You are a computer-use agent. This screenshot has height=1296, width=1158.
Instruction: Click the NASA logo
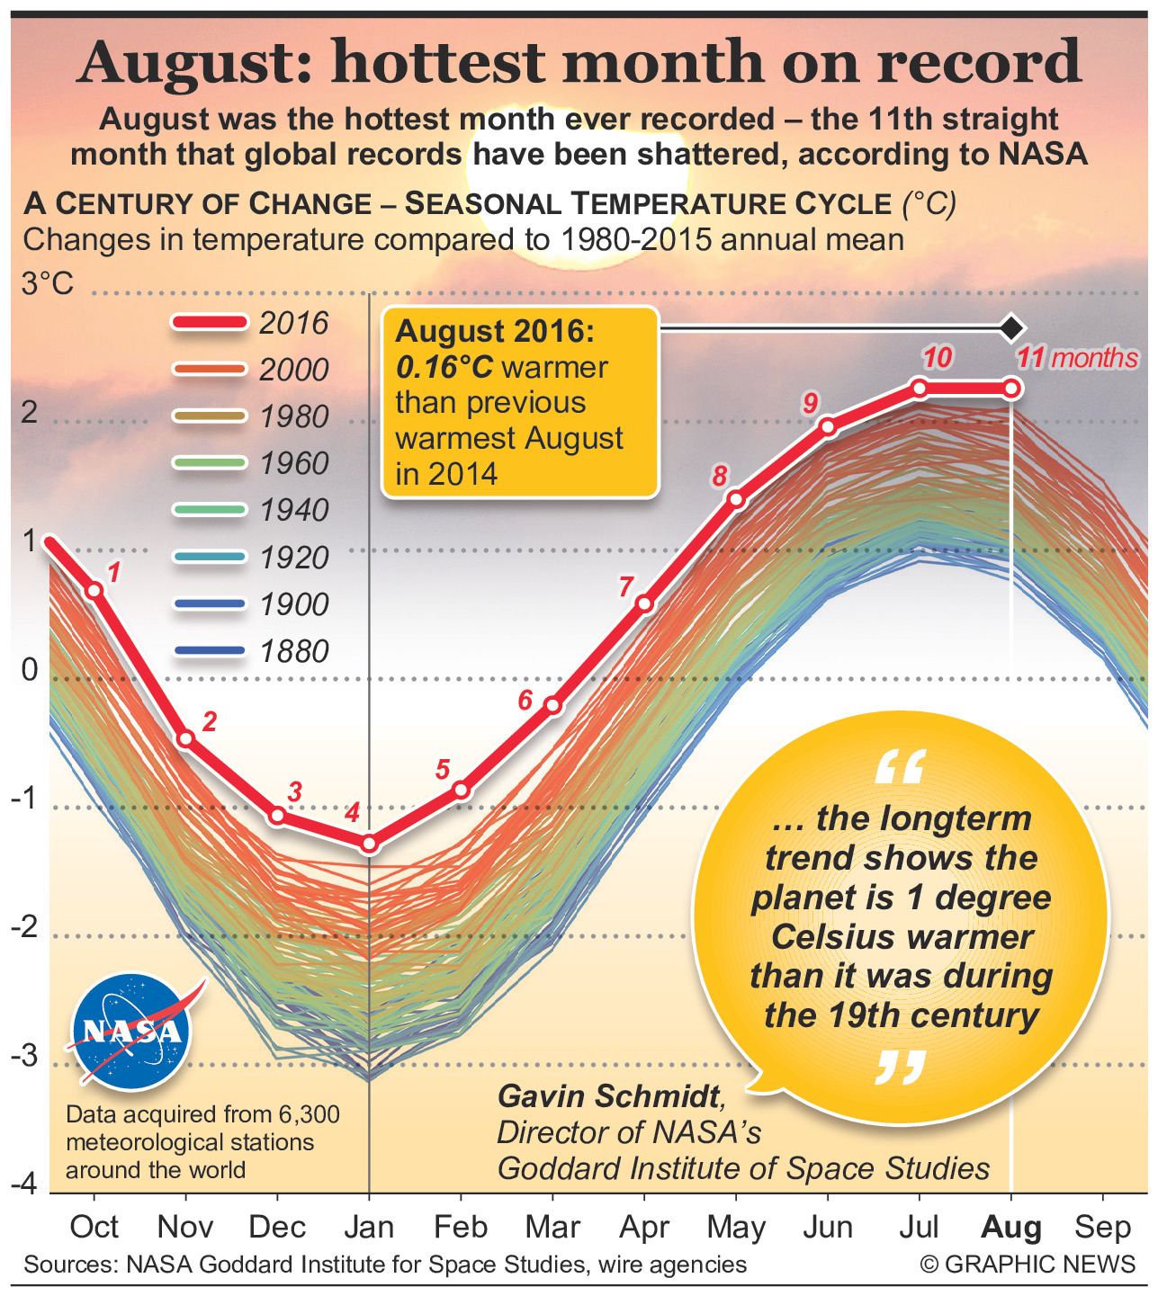[x=132, y=1031]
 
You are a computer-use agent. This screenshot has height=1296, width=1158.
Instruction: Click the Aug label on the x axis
[x=1011, y=1227]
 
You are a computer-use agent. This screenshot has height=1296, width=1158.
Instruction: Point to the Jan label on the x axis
[x=369, y=1227]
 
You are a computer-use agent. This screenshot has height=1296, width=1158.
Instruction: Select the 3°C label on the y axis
[x=47, y=284]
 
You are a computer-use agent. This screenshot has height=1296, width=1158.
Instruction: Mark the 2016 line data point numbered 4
[x=369, y=844]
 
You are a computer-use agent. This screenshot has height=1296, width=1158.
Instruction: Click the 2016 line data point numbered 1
[x=94, y=590]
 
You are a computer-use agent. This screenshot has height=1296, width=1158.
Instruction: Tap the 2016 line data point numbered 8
[x=736, y=499]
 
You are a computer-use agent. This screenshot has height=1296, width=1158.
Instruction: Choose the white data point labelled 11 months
[x=1011, y=389]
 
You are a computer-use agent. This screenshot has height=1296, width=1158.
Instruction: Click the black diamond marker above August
[x=1011, y=328]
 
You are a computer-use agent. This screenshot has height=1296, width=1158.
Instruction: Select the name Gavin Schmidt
[x=610, y=1096]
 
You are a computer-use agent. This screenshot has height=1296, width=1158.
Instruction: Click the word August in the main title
[x=197, y=63]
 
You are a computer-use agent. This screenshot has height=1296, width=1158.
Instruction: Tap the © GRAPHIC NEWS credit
[x=1028, y=1265]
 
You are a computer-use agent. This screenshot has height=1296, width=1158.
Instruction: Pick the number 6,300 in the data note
[x=309, y=1115]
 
